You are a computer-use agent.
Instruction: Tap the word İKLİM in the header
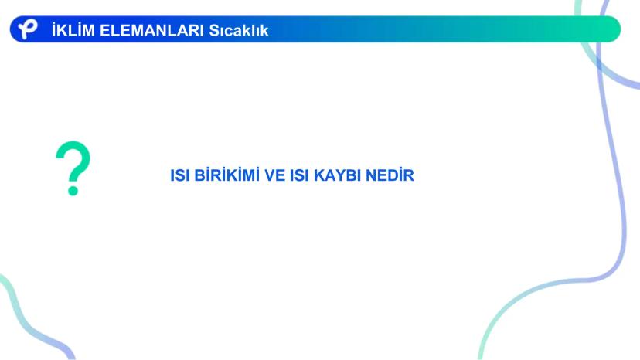(x=71, y=30)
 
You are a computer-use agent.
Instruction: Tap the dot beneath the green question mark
(x=73, y=189)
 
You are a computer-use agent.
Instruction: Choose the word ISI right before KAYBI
(x=300, y=176)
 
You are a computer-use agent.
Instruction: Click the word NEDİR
(x=390, y=176)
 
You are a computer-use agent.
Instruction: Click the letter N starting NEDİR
(x=370, y=176)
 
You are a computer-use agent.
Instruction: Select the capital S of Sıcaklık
(x=214, y=30)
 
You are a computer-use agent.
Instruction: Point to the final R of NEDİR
(x=410, y=176)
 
